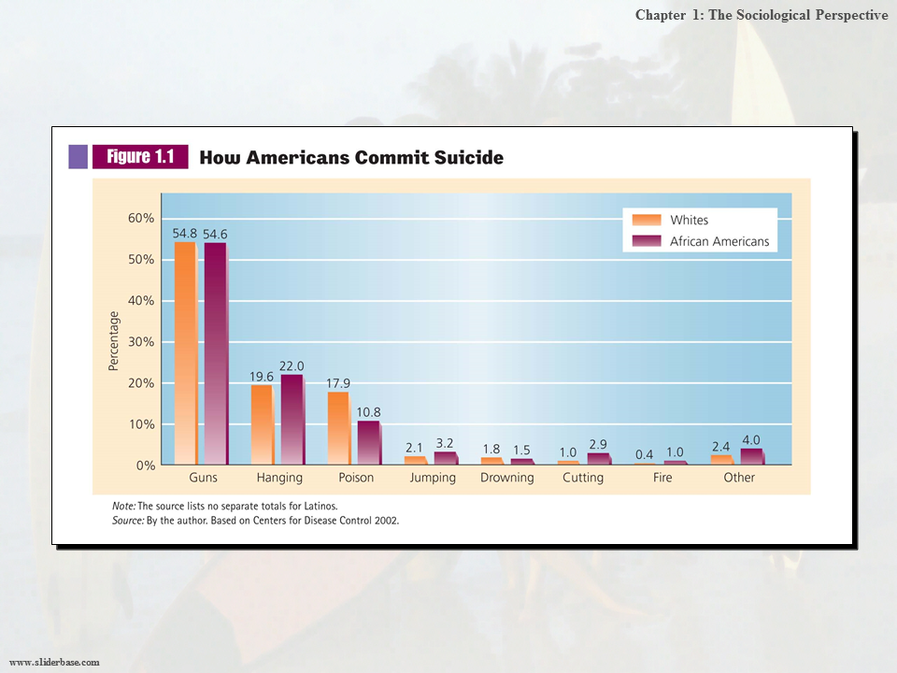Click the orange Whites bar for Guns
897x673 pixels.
185,353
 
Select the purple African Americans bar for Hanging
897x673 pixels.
292,420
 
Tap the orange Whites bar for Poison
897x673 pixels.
337,428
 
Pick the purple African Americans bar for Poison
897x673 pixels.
368,442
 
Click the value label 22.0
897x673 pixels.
292,365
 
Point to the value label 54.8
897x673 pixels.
186,233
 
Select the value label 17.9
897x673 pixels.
338,382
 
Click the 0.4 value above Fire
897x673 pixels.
644,453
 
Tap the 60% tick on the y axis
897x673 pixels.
141,219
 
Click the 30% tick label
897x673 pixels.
141,342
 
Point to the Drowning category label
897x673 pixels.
507,478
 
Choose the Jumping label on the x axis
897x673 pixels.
433,478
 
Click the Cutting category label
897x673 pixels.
584,478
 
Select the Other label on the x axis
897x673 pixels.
739,478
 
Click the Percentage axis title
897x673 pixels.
114,341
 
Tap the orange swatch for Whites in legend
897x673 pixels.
647,221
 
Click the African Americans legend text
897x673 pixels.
719,241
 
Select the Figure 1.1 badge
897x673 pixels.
139,157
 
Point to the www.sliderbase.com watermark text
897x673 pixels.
54,662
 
